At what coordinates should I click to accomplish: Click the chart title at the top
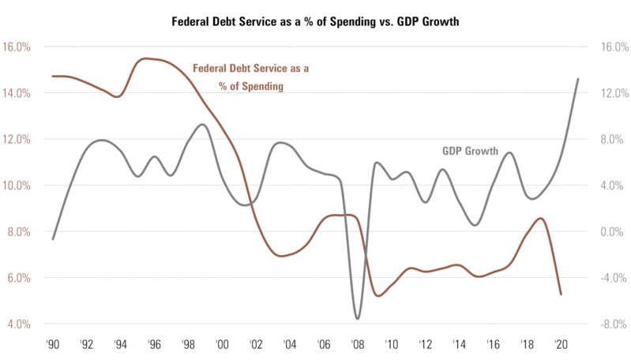[315, 21]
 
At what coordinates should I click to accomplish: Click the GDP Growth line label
[468, 151]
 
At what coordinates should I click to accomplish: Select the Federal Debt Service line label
[251, 77]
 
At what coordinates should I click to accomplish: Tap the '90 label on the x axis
[53, 345]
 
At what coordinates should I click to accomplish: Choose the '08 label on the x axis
[358, 345]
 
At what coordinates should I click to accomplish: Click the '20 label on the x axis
[561, 345]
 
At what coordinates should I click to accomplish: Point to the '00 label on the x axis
[222, 345]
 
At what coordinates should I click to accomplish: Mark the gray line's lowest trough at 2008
[358, 319]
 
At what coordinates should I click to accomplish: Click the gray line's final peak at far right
[578, 79]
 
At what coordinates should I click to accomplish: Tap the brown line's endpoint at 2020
[561, 294]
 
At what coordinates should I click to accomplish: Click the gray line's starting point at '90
[53, 239]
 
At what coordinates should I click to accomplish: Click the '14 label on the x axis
[459, 345]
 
